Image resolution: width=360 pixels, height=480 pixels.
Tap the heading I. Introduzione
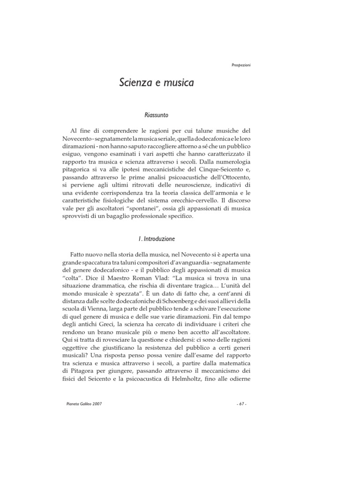157,240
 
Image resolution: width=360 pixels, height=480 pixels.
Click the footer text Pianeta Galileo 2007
85,403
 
